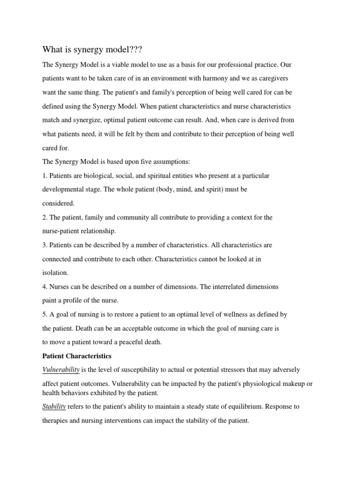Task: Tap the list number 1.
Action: (45, 175)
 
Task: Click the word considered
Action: (58, 203)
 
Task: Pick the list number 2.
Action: (45, 217)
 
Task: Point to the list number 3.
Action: (45, 245)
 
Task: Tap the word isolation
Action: (55, 272)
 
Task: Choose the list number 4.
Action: (45, 286)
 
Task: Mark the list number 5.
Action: (45, 314)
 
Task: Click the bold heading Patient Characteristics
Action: (77, 356)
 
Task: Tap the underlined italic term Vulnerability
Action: (61, 370)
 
